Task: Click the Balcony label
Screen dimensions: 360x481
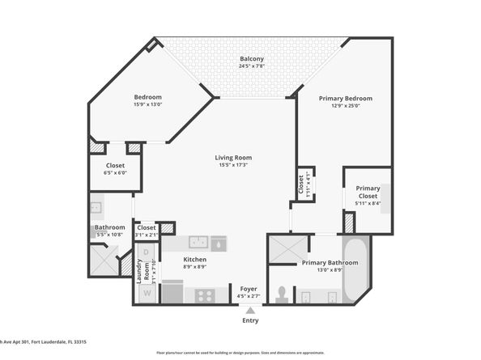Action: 251,59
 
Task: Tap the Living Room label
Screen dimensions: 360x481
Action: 233,157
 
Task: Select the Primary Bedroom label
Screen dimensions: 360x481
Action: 344,98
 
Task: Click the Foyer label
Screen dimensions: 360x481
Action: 249,289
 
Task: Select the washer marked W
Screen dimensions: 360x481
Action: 147,292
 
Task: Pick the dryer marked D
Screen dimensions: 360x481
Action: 147,252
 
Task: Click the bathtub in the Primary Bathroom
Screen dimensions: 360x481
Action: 356,267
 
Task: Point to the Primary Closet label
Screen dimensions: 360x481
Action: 368,192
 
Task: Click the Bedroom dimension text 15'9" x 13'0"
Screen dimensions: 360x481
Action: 148,104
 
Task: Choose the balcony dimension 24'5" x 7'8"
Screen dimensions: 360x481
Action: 251,66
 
